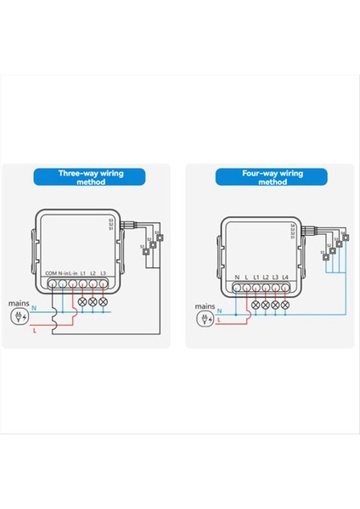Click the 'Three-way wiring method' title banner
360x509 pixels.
[91, 176]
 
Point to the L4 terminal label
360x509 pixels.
[286, 277]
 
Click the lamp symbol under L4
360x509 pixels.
[286, 303]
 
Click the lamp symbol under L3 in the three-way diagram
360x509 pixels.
[104, 302]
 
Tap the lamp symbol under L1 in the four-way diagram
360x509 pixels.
[256, 303]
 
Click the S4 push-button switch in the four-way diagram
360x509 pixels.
[346, 238]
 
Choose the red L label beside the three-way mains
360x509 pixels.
[34, 330]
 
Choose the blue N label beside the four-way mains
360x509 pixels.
[219, 311]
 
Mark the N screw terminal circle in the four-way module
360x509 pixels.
[236, 288]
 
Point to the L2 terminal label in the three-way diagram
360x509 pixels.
[93, 272]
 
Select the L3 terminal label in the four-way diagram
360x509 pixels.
[276, 277]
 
